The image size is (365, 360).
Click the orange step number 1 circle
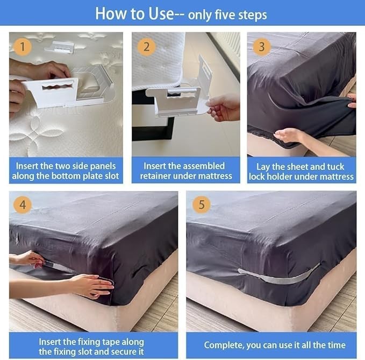pos(22,46)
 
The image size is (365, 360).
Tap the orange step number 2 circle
pos(146,46)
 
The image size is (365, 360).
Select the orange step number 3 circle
pos(261,46)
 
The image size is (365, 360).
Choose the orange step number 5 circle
pos(201,204)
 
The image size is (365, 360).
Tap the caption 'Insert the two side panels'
pos(66,166)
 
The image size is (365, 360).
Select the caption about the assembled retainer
pos(186,171)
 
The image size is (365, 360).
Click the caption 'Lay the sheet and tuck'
pos(301,166)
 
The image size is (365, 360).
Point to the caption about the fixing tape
pos(91,347)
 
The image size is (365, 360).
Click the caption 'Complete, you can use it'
pos(274,345)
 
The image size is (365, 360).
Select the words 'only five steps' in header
pos(227,14)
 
